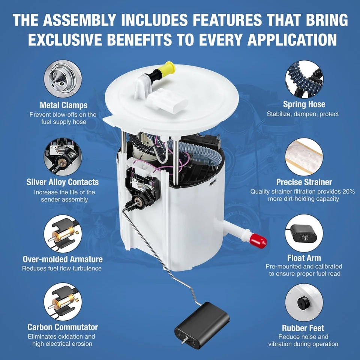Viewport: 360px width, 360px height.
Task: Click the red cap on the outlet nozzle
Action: [x=258, y=241]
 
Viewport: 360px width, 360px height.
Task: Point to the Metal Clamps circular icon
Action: [x=63, y=79]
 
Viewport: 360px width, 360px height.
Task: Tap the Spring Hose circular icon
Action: [x=304, y=79]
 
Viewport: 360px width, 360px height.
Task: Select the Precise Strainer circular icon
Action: [x=304, y=156]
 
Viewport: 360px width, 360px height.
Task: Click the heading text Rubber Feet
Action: [x=303, y=328]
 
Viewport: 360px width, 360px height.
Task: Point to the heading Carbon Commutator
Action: [x=63, y=327]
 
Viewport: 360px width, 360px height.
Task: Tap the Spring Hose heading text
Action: [x=304, y=104]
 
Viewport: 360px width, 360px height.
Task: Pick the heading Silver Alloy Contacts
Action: [x=63, y=182]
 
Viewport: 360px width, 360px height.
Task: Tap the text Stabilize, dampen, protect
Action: [x=303, y=114]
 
